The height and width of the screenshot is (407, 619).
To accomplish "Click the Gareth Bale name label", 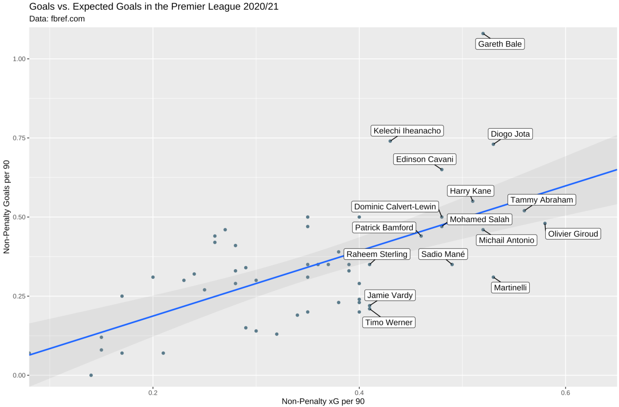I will click(x=500, y=44).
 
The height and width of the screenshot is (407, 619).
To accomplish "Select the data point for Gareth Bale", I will click(x=483, y=34).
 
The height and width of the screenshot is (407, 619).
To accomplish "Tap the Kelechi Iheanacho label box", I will click(x=407, y=131).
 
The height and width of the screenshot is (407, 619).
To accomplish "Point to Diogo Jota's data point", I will click(x=494, y=144).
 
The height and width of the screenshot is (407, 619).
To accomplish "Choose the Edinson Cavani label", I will click(x=424, y=159).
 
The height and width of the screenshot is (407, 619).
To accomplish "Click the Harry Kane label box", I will click(x=470, y=191).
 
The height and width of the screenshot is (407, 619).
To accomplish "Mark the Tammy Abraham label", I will click(x=541, y=200).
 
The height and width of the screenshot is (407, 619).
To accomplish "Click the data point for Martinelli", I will click(x=494, y=277).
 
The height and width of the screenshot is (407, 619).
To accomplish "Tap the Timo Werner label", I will click(x=389, y=322).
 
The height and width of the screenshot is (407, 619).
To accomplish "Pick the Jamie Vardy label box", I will click(x=390, y=295).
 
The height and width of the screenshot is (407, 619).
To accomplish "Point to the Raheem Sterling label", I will click(x=376, y=254).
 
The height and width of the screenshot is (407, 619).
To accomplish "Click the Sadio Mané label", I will click(x=443, y=254).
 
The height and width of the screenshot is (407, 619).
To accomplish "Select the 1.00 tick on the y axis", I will click(x=19, y=59).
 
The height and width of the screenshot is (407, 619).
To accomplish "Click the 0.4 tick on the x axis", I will click(x=359, y=392).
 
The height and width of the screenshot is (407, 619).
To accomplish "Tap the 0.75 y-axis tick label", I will click(x=19, y=138).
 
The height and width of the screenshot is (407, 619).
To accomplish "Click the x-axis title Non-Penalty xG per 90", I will click(x=323, y=401).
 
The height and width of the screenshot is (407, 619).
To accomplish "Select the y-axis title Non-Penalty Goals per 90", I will click(x=7, y=205).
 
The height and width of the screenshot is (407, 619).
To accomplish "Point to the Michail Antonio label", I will click(x=505, y=240).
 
